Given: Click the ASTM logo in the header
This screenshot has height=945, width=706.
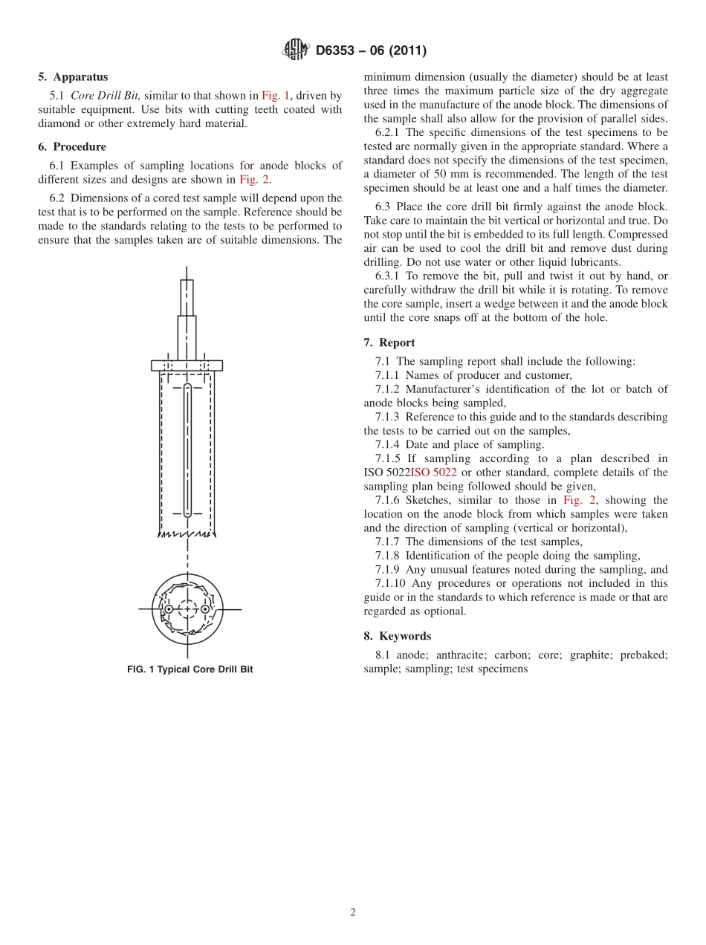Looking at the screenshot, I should (295, 51).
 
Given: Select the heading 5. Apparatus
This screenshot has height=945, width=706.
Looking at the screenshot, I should (73, 77).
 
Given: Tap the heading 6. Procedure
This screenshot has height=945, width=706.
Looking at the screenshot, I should (72, 147).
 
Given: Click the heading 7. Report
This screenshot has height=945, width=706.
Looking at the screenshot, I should (389, 342).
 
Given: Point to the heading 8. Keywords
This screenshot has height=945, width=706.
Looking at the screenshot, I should (397, 636).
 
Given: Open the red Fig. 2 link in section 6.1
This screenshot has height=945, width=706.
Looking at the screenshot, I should (254, 180).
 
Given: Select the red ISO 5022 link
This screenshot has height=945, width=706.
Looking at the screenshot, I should (433, 472).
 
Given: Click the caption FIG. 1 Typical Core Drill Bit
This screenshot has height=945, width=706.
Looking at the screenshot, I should (190, 669).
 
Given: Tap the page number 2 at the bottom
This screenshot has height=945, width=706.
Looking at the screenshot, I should (353, 913).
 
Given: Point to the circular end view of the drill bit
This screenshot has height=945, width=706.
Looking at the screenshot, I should (187, 609).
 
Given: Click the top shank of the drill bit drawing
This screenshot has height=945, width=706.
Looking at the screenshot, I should (187, 297).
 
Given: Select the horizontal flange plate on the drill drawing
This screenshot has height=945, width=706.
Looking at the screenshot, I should (187, 366).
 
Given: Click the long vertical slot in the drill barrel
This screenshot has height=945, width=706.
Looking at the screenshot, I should (187, 449).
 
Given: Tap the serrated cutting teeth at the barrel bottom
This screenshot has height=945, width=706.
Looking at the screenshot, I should (187, 533).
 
